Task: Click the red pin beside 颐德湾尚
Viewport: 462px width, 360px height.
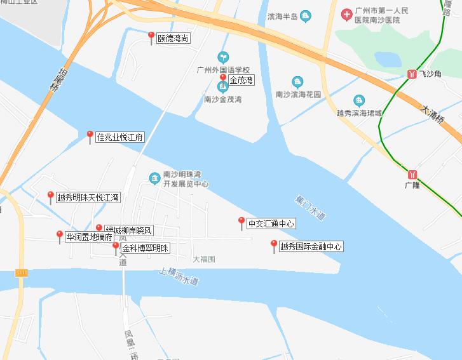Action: coord(151,37)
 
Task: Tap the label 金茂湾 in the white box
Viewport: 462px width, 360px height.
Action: coord(241,81)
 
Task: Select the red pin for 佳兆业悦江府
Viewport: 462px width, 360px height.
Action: coord(90,135)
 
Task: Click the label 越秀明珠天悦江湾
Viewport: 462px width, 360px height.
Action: coord(88,198)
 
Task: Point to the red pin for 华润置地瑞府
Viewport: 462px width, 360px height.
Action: coord(60,236)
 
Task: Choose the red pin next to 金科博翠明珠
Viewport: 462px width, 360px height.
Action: coord(116,247)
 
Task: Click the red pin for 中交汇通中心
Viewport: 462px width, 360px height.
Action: coord(241,222)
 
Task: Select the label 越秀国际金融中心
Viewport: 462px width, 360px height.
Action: coord(311,246)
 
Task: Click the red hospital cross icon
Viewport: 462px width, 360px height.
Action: coord(347,14)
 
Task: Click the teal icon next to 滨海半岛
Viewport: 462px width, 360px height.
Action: coord(306,16)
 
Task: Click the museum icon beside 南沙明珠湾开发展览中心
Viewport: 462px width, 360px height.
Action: coord(154,178)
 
